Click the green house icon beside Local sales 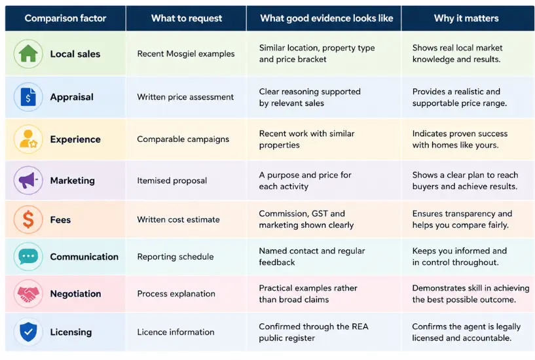[28, 54]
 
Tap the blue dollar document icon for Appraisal [28, 97]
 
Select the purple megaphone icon [28, 180]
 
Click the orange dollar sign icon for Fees [28, 219]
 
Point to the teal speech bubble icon [28, 257]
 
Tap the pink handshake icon [28, 293]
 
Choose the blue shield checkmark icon [28, 332]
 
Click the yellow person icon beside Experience [28, 139]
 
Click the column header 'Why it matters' [466, 18]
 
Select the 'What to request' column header [187, 18]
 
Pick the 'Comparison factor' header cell [65, 18]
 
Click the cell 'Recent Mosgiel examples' [186, 54]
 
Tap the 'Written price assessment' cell [185, 97]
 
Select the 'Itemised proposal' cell [172, 181]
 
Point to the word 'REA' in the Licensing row [360, 327]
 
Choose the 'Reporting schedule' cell [175, 257]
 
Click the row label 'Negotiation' [75, 294]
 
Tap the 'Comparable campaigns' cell [183, 139]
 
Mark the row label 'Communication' [84, 257]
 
